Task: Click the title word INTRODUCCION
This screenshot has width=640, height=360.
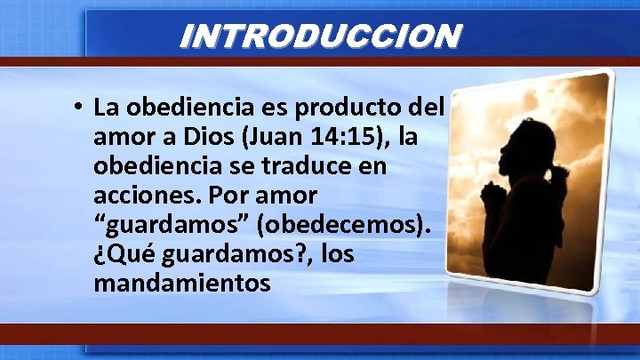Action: pos(320,36)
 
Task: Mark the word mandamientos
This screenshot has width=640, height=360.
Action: pos(180,285)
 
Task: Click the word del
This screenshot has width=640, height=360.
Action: pos(426,109)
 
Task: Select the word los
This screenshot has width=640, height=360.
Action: pos(337,256)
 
